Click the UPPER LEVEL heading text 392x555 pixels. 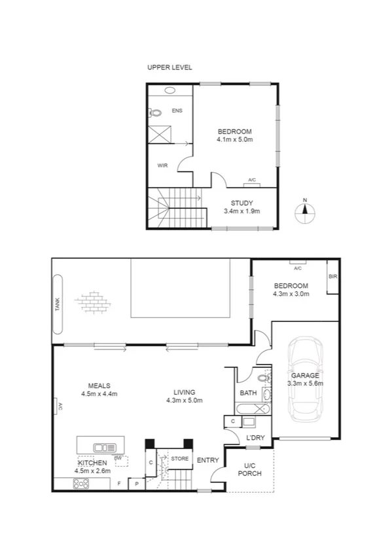[169, 67]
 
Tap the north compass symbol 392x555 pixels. [304, 211]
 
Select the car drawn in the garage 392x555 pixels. [306, 379]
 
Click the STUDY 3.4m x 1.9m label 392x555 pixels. [241, 207]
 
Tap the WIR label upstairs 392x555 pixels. [162, 166]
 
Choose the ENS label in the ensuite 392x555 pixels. [177, 111]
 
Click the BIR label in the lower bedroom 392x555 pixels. [332, 277]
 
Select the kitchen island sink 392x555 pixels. [104, 448]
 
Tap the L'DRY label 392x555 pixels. [255, 437]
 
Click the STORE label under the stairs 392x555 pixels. [179, 459]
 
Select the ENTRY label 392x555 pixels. [208, 460]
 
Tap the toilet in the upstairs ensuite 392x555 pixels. [156, 113]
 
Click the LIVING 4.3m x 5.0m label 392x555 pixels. [184, 395]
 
